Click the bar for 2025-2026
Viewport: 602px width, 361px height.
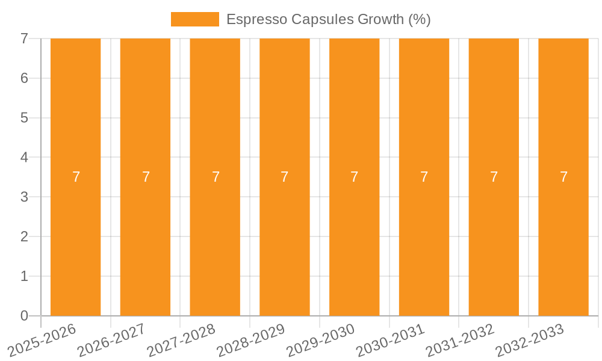(75, 241)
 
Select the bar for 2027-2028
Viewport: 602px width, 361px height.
(215, 241)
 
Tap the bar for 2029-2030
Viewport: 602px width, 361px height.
(354, 241)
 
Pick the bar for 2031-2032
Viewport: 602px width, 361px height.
(494, 241)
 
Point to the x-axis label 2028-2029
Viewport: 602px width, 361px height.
(251, 340)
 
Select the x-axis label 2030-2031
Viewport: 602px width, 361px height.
(391, 340)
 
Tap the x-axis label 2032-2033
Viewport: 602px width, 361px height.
(530, 340)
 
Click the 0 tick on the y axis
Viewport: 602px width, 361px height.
(24, 316)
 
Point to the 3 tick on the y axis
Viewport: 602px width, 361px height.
(24, 197)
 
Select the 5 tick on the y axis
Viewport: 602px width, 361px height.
(24, 118)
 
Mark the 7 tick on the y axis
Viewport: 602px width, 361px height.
(24, 39)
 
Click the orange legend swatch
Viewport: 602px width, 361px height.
(194, 19)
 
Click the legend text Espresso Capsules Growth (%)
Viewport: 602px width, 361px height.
(328, 19)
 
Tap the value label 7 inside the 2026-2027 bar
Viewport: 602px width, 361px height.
(146, 177)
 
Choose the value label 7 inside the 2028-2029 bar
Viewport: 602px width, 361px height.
(285, 177)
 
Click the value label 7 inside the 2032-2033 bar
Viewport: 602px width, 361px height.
(563, 177)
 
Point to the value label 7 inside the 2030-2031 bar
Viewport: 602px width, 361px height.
(424, 177)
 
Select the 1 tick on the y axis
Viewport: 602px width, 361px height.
(24, 276)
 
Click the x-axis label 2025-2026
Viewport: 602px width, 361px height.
(42, 340)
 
